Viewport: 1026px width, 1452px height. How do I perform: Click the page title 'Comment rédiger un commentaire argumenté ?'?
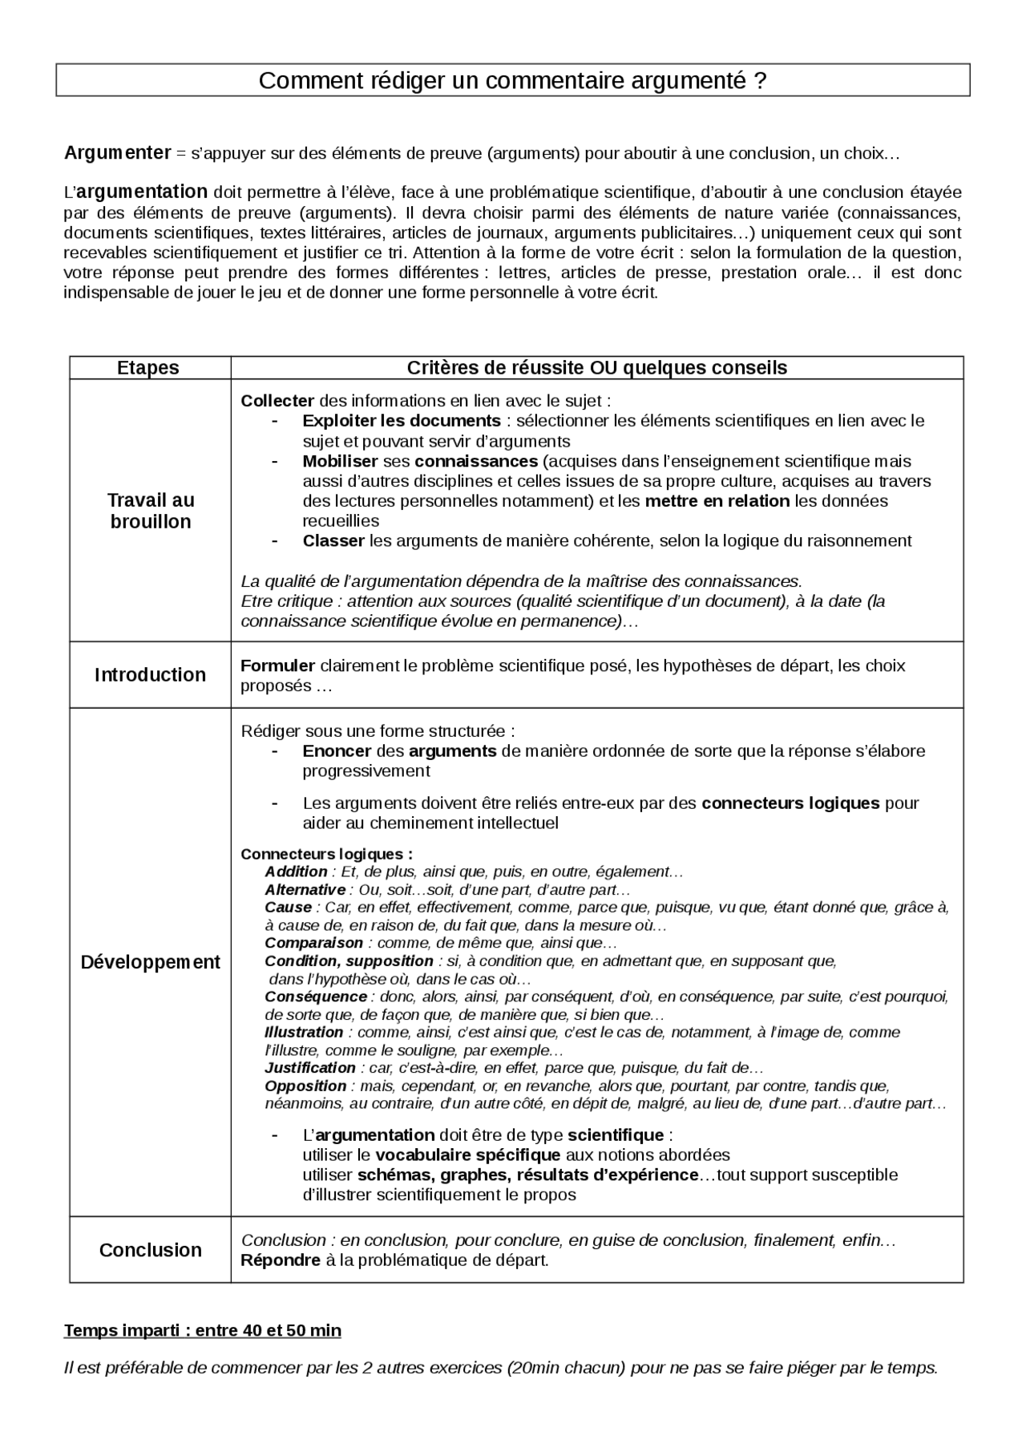click(513, 80)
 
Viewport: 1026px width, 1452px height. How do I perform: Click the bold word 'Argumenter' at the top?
click(117, 152)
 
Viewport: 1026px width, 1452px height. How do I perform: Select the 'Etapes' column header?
click(148, 367)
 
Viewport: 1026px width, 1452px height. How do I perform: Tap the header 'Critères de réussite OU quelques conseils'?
click(596, 367)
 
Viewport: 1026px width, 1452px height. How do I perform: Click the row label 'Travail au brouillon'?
click(150, 511)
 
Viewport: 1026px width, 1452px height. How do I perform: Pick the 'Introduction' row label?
click(150, 674)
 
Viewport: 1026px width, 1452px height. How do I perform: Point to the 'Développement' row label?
click(150, 961)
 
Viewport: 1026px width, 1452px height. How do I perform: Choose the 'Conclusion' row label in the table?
click(150, 1249)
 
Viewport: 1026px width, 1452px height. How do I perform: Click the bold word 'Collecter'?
click(277, 400)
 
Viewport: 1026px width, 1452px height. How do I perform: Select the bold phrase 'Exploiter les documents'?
click(401, 420)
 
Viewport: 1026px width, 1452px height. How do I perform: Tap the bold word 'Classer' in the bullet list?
click(333, 540)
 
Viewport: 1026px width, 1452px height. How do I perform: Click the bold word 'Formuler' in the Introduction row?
click(277, 665)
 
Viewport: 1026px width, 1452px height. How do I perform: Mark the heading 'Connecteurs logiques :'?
click(327, 854)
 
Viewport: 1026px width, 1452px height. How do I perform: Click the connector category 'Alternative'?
click(305, 889)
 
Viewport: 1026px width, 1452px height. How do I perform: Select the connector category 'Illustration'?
click(304, 1032)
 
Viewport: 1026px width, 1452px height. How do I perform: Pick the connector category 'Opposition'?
click(305, 1086)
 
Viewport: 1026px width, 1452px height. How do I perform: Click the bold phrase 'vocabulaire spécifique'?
click(467, 1155)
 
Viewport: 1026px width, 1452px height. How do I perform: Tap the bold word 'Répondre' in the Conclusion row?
click(281, 1260)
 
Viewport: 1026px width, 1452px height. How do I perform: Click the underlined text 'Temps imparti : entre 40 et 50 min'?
click(202, 1330)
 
